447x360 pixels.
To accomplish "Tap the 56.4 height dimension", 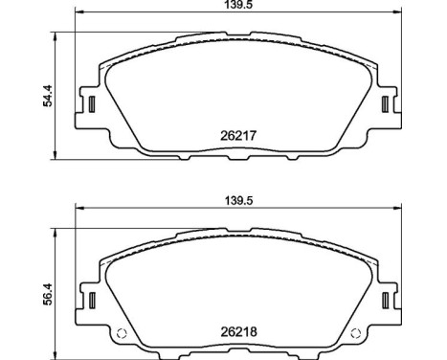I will click(43, 298).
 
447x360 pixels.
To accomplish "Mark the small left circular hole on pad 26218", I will click(122, 334).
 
